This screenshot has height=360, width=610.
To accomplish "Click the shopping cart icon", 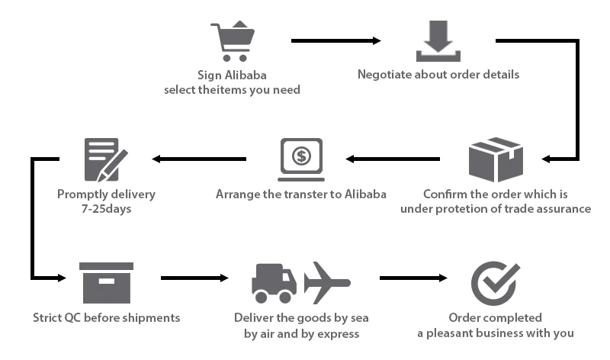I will pyautogui.click(x=232, y=41).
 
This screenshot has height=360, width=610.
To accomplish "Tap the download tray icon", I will pyautogui.click(x=438, y=42).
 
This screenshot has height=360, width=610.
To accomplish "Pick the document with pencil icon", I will pyautogui.click(x=104, y=159).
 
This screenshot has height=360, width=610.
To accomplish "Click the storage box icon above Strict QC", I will pyautogui.click(x=106, y=281).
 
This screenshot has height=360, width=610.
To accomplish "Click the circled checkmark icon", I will pyautogui.click(x=495, y=280).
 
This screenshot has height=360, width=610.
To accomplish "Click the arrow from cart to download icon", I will pyautogui.click(x=335, y=40).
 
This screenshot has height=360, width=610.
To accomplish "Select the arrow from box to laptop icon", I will pyautogui.click(x=393, y=159).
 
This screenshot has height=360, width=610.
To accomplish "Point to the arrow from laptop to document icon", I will pyautogui.click(x=199, y=159).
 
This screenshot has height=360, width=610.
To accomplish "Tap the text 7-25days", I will pyautogui.click(x=106, y=208).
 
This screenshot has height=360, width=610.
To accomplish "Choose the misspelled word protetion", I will pyautogui.click(x=467, y=208).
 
